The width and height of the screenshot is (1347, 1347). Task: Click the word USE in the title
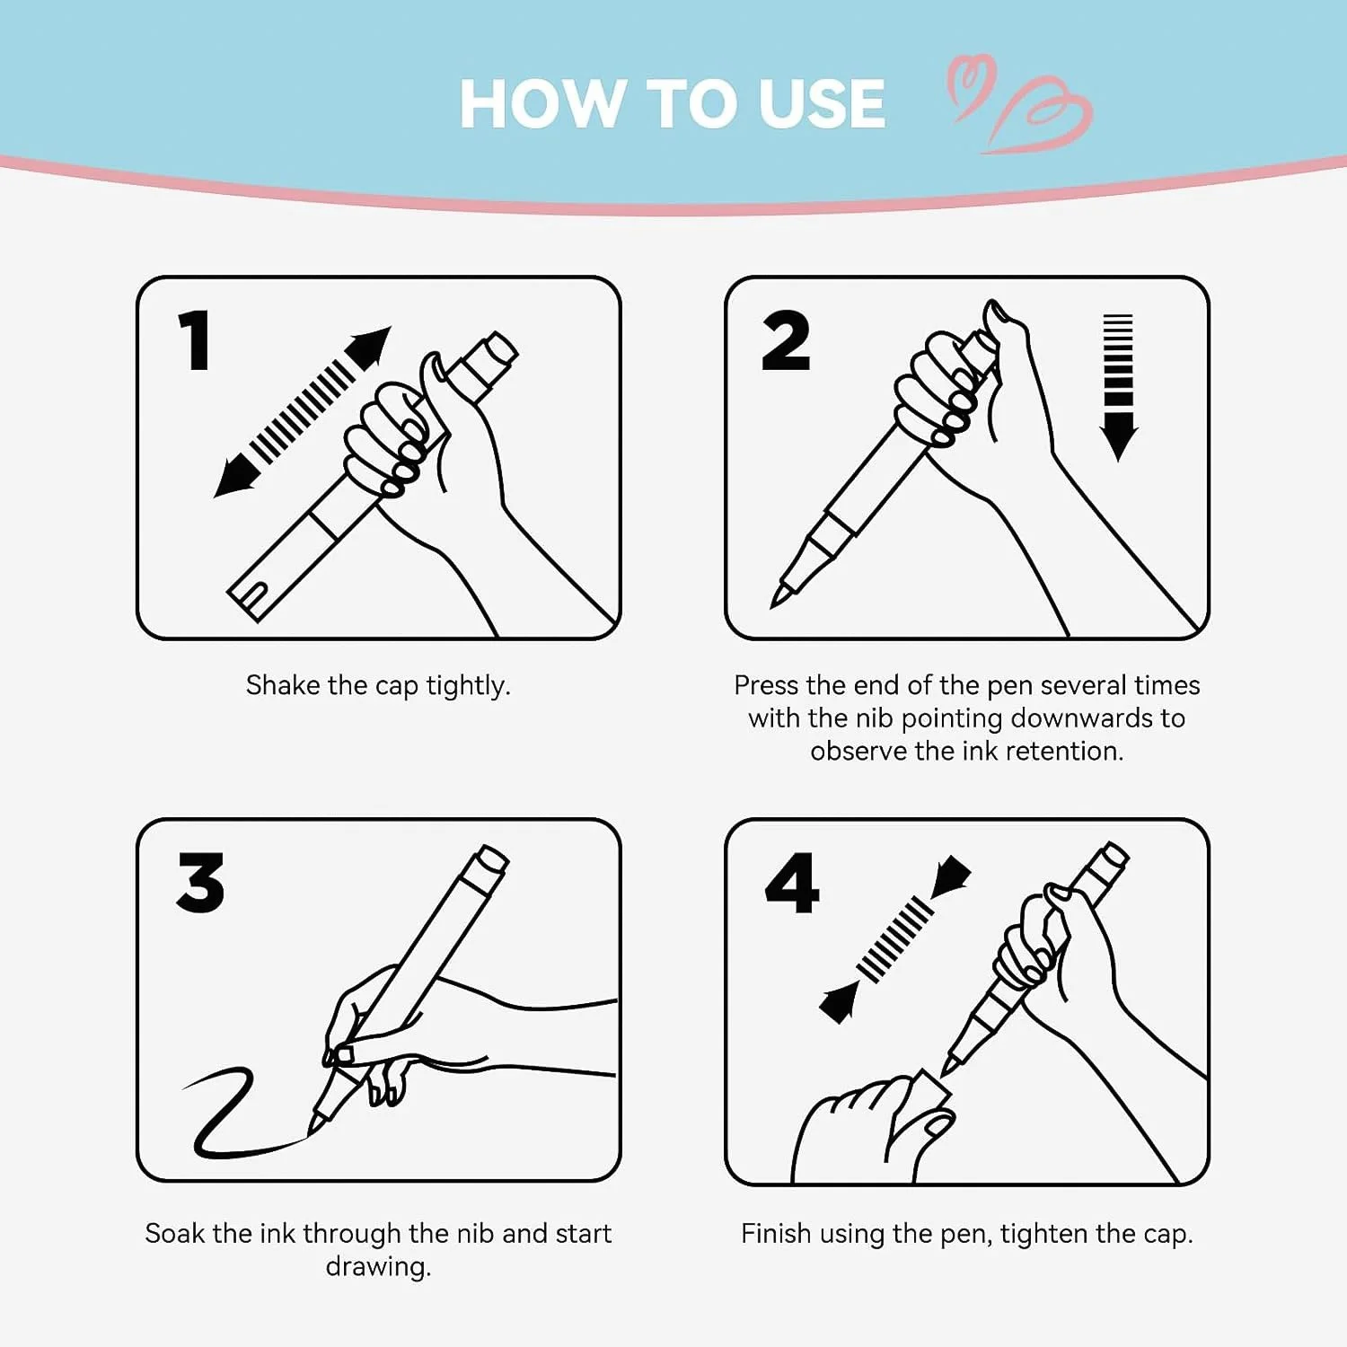tap(822, 104)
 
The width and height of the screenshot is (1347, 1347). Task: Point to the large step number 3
tap(200, 882)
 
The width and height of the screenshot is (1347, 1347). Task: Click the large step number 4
tap(792, 883)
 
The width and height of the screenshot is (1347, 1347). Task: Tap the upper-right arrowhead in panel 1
tap(370, 346)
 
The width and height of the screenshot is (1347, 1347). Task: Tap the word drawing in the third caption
tap(378, 1267)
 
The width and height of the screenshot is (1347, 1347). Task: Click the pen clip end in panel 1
tap(254, 595)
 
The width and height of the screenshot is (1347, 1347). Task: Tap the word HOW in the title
tap(542, 104)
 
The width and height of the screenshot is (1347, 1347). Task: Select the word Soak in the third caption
tap(174, 1234)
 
